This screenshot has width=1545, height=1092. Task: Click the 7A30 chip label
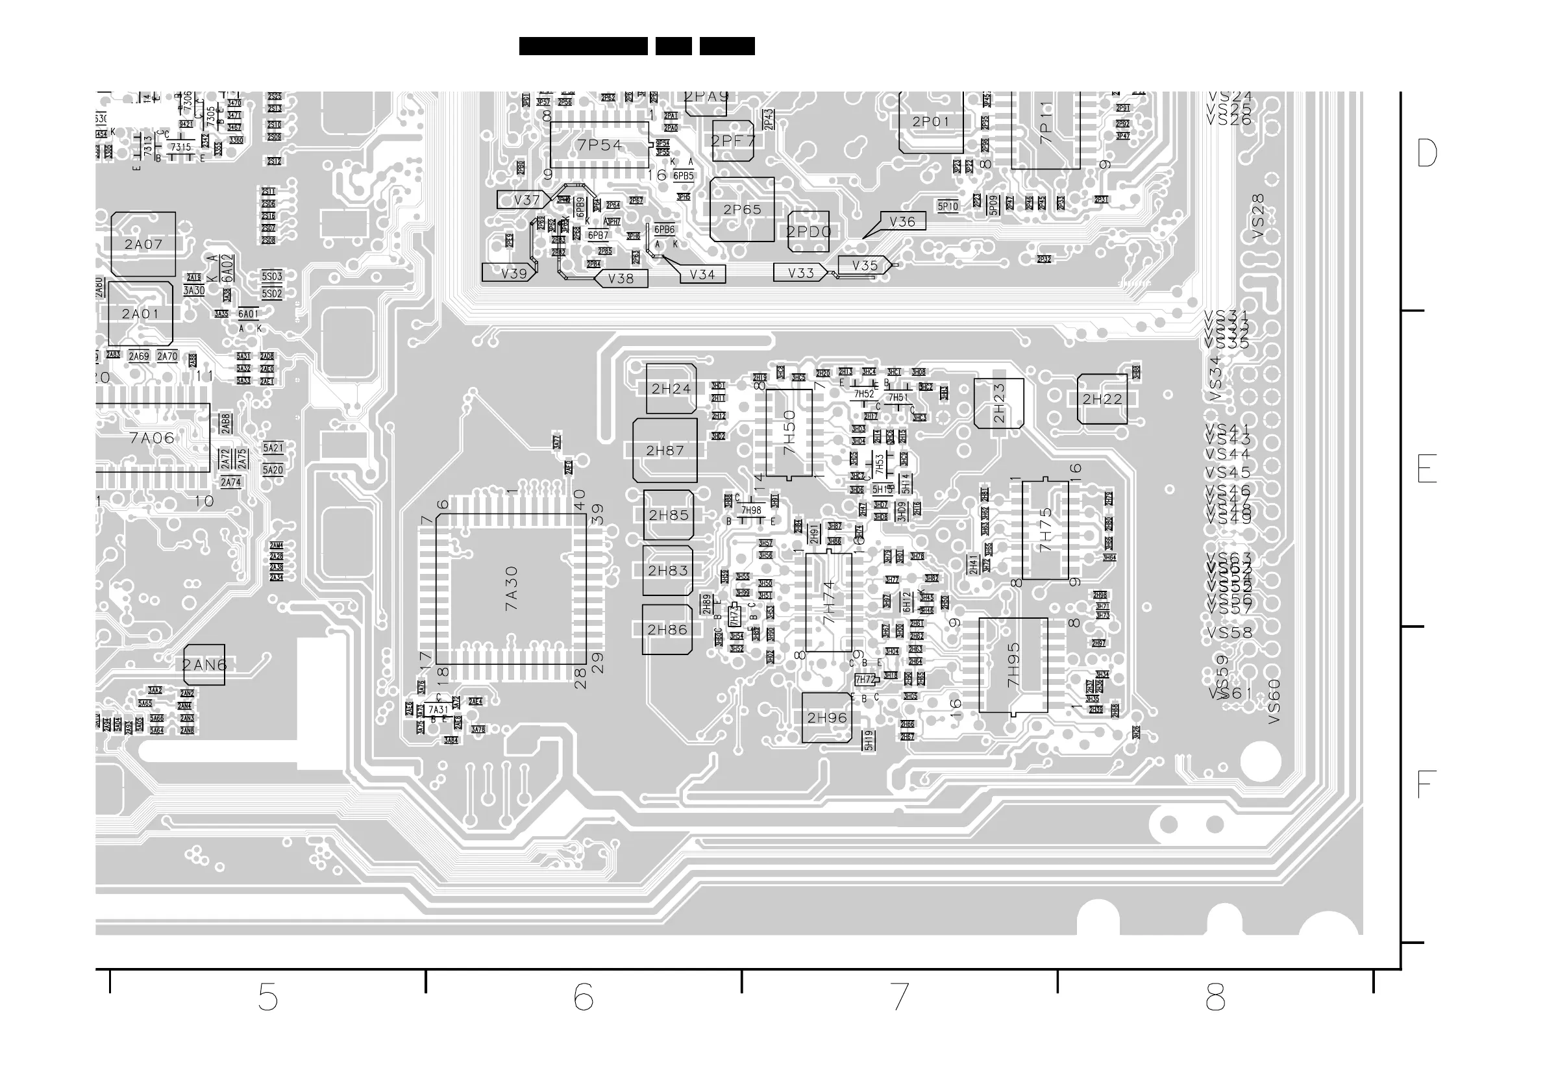[512, 589]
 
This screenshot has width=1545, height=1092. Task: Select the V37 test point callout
[526, 200]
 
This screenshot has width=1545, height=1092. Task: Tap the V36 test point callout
[902, 222]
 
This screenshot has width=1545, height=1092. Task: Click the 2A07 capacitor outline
[143, 244]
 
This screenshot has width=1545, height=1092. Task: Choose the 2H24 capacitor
[671, 389]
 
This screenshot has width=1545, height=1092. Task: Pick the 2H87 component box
[665, 451]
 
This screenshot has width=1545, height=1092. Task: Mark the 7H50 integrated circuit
[789, 432]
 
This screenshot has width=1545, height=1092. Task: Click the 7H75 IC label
[1045, 530]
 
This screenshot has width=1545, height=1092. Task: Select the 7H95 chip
[1013, 665]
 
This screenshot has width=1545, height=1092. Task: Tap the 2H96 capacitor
[827, 718]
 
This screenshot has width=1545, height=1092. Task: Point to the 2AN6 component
[204, 665]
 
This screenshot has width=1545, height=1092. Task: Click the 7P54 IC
[600, 145]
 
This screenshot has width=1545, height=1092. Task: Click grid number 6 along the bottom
[583, 997]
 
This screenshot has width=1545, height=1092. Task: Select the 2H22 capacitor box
[1102, 399]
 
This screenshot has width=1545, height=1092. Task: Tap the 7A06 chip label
[152, 438]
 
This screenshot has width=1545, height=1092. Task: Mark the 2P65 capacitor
[742, 209]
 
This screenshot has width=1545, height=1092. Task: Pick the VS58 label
[1229, 632]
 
